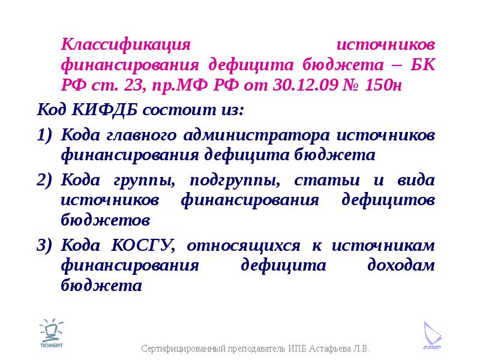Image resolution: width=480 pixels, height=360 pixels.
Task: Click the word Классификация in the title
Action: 125,45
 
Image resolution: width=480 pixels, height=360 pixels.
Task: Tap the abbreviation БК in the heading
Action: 422,65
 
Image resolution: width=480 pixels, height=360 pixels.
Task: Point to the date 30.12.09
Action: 305,85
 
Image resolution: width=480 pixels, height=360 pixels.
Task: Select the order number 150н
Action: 383,85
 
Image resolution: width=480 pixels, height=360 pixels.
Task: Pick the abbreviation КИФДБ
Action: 104,110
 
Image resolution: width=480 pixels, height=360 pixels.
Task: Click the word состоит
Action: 179,110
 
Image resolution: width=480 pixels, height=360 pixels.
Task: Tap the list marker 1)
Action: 44,135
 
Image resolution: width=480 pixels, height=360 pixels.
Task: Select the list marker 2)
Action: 44,179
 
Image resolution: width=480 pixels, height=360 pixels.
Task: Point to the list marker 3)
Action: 44,245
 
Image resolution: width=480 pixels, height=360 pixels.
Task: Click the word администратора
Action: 257,136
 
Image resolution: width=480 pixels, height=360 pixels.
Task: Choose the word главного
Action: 142,136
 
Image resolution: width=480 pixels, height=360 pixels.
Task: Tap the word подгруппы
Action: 235,181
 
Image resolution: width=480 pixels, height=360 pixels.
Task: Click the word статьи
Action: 327,181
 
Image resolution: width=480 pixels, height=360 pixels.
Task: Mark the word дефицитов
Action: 388,200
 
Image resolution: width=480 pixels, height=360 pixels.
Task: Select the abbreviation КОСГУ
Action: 143,245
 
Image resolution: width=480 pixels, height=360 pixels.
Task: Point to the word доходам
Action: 401,265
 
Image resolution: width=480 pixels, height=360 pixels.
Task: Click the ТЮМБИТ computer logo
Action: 51,333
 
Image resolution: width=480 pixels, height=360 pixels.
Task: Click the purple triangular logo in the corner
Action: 432,335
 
